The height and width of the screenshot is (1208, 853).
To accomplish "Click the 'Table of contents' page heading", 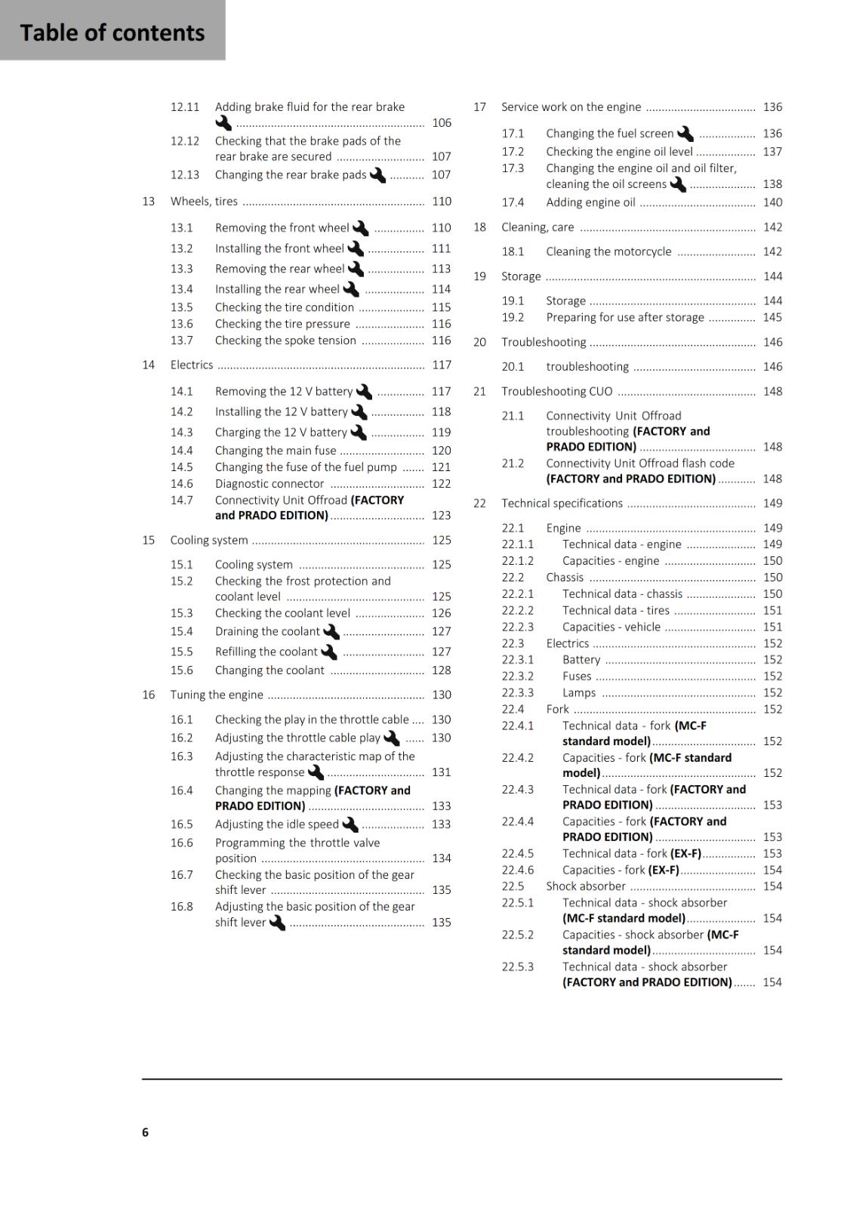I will coord(112,32).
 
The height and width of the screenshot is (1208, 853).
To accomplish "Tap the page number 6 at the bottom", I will coord(145,1132).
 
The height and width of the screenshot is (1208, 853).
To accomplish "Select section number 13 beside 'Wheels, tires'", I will coord(149,202).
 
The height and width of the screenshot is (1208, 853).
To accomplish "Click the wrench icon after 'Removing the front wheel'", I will coord(360,228).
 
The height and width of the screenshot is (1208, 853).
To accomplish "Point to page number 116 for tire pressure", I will coord(442,324).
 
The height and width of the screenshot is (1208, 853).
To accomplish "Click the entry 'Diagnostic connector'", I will coord(269,484).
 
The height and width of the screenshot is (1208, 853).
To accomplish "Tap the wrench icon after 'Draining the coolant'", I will coord(331,632).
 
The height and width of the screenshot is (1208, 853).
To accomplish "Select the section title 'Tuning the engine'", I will coord(217,695).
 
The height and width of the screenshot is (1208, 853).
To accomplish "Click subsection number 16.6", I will coord(181,843).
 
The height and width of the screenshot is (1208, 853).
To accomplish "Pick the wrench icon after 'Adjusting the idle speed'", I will coord(350,824).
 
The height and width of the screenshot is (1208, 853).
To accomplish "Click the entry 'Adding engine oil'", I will coord(590,202).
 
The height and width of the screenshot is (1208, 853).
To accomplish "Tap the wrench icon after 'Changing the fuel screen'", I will coord(685,134).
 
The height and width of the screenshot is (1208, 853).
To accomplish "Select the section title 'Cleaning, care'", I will coord(537,227).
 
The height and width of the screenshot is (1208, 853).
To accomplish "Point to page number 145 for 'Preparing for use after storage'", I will coord(772,318).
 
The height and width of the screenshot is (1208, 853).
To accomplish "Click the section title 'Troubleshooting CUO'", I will coord(557,392).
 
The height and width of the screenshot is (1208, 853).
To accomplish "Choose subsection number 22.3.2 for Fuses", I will coord(518,676).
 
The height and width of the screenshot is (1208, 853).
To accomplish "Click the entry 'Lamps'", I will coord(579,693).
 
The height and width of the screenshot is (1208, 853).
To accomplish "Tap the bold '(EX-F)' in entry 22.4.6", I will coord(664,871).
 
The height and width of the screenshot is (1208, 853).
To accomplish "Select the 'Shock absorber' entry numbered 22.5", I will coord(586,886).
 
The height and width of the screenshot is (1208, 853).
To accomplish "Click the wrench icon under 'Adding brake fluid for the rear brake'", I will coord(223,123).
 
